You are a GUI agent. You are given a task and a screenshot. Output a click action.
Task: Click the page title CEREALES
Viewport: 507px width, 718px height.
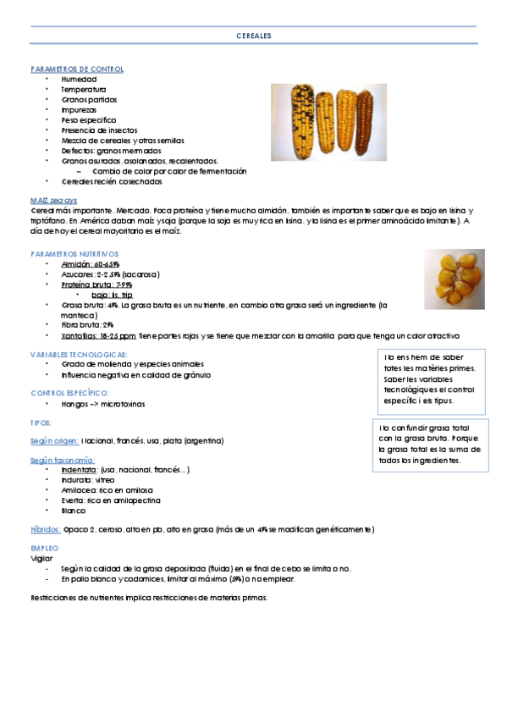coord(254,37)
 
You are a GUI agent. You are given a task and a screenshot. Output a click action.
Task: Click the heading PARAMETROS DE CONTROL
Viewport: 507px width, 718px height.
coord(77,69)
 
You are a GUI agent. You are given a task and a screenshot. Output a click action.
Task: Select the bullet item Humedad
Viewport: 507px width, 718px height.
coord(79,79)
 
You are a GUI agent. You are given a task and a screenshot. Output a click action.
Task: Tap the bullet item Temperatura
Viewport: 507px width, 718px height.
coord(83,89)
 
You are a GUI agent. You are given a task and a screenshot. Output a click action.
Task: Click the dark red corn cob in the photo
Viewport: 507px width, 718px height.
coord(365,121)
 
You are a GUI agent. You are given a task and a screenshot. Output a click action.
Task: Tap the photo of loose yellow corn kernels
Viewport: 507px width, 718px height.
coord(455,279)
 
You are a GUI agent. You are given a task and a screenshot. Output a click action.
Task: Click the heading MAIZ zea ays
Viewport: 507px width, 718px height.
coord(52,199)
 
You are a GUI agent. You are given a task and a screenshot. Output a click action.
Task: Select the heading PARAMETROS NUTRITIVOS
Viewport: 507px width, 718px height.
coord(74,254)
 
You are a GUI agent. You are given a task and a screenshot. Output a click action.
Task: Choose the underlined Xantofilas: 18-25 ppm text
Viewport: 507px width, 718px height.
coord(98,335)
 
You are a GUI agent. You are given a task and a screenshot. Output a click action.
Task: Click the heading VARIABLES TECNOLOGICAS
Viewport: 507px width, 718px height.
coord(79,354)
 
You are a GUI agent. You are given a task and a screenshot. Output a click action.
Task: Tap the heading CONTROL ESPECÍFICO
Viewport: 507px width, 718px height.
coord(69,394)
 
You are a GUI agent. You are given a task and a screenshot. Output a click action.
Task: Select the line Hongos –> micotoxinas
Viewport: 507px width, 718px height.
coord(102,405)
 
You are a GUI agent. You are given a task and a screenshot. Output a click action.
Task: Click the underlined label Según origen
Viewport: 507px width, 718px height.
coord(55,441)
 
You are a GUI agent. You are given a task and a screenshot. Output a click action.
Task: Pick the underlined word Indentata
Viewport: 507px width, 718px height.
coord(79,469)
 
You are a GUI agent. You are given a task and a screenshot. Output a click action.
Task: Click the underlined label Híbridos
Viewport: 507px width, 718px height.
coord(45,529)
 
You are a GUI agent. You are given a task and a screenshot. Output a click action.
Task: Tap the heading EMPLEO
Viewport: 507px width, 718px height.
coord(44,549)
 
